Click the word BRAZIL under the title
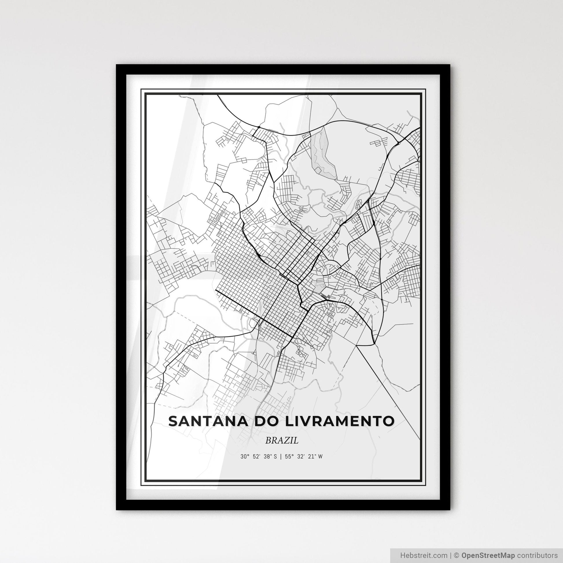tap(282, 440)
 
